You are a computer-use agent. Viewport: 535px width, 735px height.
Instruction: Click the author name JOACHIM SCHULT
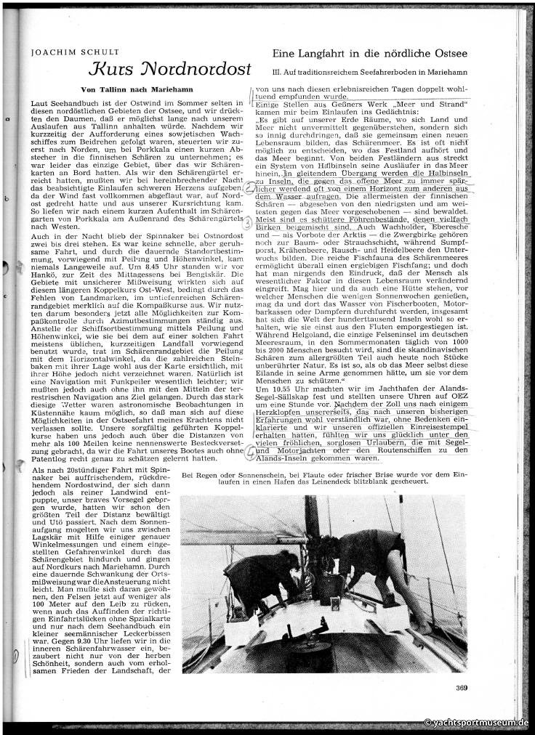coord(64,52)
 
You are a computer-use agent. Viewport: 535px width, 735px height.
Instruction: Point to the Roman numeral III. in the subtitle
coord(276,73)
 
